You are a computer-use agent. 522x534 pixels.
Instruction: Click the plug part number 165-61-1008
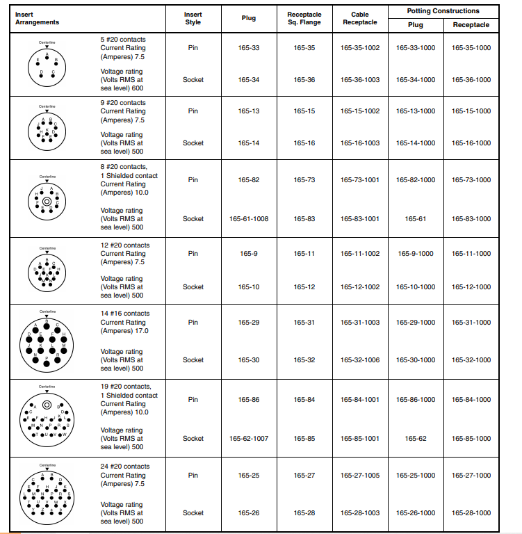(x=249, y=218)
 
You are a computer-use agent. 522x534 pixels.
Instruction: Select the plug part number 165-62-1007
(x=249, y=439)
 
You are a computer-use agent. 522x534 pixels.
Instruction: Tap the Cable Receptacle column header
(x=360, y=18)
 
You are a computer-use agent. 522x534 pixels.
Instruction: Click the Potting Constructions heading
(x=443, y=11)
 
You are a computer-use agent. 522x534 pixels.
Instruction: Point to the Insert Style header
(x=193, y=18)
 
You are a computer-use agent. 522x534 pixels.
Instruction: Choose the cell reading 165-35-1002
(x=360, y=48)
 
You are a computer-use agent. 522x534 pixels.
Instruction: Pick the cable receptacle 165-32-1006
(x=360, y=360)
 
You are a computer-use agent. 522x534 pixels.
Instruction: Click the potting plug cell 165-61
(x=416, y=218)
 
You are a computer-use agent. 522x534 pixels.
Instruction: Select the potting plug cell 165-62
(x=416, y=439)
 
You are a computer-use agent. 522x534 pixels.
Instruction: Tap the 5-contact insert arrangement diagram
(x=47, y=63)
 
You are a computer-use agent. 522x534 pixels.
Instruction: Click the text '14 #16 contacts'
(x=125, y=314)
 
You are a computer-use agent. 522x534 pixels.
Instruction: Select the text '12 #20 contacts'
(x=125, y=245)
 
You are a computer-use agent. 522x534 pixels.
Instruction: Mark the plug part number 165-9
(x=249, y=254)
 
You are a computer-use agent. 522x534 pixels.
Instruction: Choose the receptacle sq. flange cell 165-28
(x=304, y=513)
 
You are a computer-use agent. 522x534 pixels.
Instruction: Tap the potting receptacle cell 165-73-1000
(x=471, y=180)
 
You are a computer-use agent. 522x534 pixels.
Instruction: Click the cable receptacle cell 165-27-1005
(x=360, y=476)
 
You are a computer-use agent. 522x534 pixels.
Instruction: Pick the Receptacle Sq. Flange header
(x=304, y=18)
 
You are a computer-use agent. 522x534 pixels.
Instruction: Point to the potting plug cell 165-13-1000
(x=416, y=111)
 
